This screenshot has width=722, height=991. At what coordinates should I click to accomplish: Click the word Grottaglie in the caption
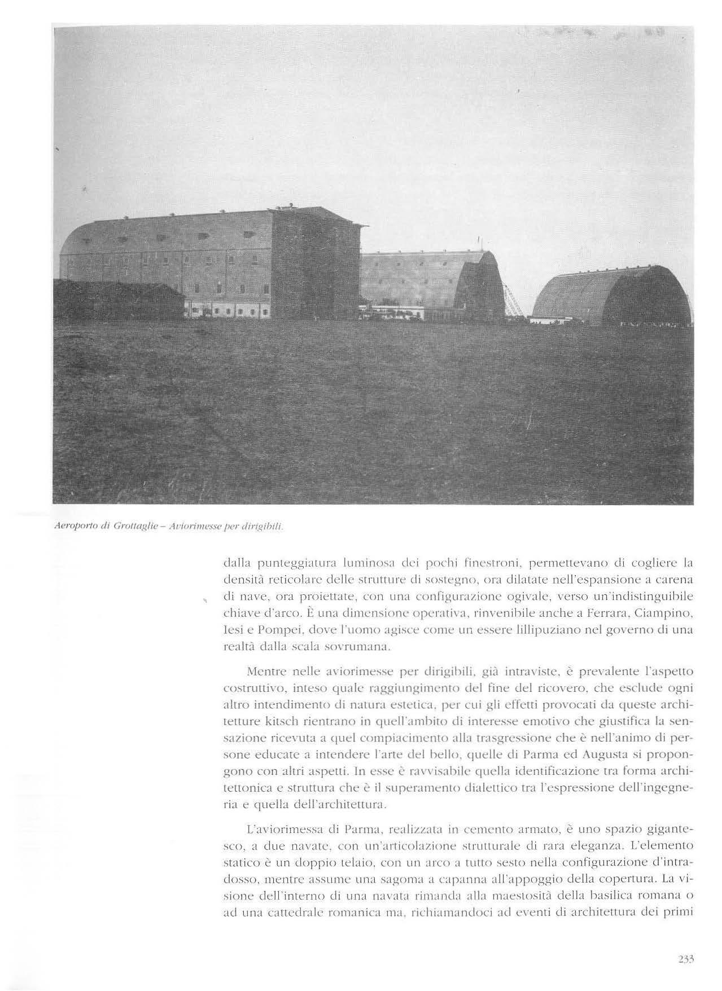tap(132, 527)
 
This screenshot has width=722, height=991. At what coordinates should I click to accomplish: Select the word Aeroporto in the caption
tap(72, 527)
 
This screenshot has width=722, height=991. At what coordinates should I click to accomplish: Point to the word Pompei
tap(266, 641)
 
